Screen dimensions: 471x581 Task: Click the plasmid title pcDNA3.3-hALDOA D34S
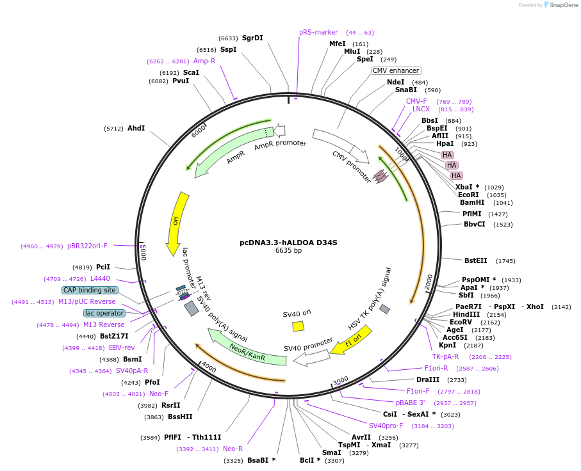pyautogui.click(x=288, y=243)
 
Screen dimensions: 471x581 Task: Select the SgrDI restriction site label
pyautogui.click(x=252, y=38)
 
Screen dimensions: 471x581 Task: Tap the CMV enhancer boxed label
pyautogui.click(x=397, y=70)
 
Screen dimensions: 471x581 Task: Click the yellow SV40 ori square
pyautogui.click(x=298, y=326)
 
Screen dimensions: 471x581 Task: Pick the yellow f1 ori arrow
pyautogui.click(x=350, y=340)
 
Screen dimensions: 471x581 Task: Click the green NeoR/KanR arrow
pyautogui.click(x=247, y=349)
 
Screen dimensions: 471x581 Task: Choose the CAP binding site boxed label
pyautogui.click(x=90, y=290)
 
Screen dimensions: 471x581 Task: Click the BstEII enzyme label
pyautogui.click(x=476, y=260)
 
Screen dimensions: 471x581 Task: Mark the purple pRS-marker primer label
pyautogui.click(x=318, y=32)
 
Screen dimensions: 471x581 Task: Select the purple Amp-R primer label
pyautogui.click(x=204, y=61)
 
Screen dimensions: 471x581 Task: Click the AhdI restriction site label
pyautogui.click(x=136, y=128)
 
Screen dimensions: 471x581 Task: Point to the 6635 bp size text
pyautogui.click(x=288, y=250)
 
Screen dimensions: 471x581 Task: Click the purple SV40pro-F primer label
pyautogui.click(x=386, y=426)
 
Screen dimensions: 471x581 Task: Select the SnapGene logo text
pyautogui.click(x=562, y=5)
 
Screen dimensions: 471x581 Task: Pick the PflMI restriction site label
pyautogui.click(x=473, y=214)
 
